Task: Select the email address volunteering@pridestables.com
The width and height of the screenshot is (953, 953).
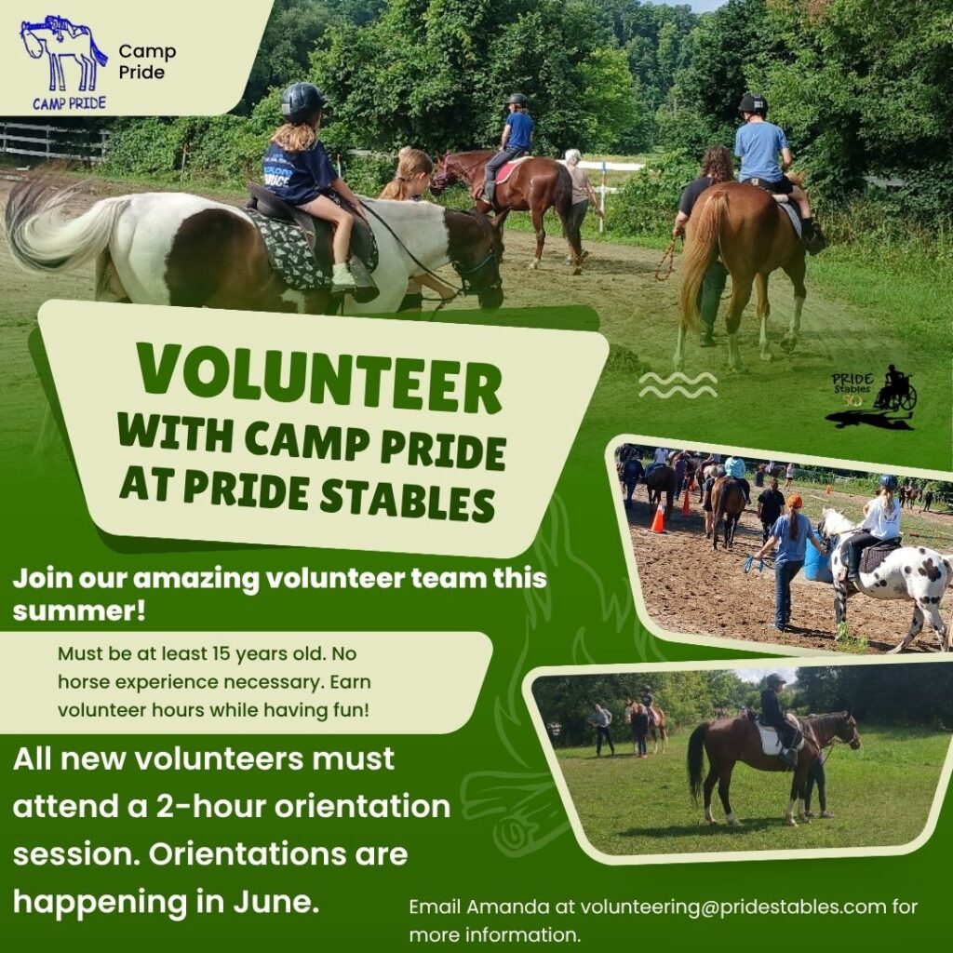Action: tap(733, 907)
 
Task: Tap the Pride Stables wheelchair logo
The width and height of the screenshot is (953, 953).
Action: tap(872, 396)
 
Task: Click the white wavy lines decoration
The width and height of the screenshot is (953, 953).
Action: tap(678, 384)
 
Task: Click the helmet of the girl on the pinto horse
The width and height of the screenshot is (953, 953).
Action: tap(302, 101)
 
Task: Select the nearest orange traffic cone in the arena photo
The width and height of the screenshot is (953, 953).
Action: tap(658, 517)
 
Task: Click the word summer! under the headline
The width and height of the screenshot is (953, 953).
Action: tap(78, 611)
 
